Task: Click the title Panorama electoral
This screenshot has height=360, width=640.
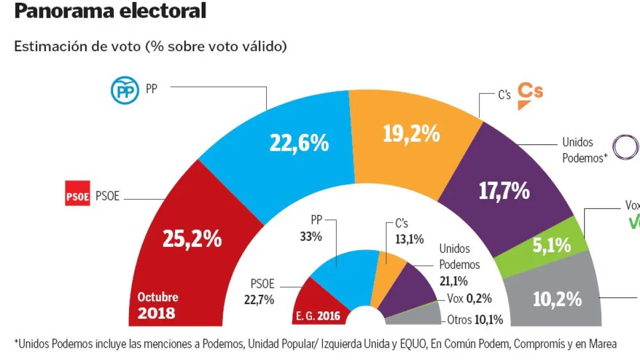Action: coord(110,11)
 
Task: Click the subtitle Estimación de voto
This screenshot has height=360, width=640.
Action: coord(150,46)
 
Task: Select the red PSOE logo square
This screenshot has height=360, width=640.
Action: coord(77,196)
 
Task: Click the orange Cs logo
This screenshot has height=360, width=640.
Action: coord(531,94)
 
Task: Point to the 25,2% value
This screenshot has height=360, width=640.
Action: coord(192,239)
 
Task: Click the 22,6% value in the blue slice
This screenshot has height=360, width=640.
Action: coord(298,142)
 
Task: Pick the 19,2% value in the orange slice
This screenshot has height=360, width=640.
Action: coord(411,134)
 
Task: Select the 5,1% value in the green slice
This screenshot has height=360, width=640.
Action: coord(551,246)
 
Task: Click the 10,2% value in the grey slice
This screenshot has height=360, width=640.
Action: coord(557,299)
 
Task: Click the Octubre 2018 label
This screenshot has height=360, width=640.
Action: coord(157,305)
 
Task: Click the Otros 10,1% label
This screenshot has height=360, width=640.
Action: coord(472,320)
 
